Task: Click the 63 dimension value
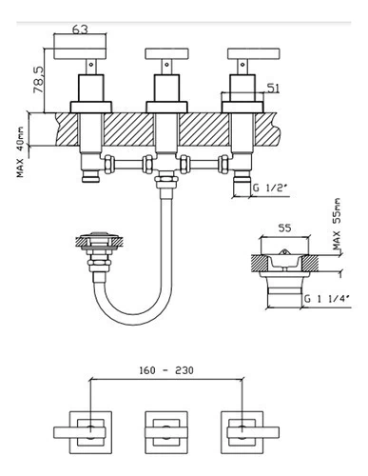click(x=80, y=30)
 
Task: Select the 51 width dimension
click(x=273, y=89)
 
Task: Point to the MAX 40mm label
click(x=21, y=152)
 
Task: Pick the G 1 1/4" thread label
click(x=327, y=299)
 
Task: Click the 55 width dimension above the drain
click(x=284, y=228)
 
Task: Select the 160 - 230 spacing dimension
click(x=166, y=370)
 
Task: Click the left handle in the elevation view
click(x=80, y=54)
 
